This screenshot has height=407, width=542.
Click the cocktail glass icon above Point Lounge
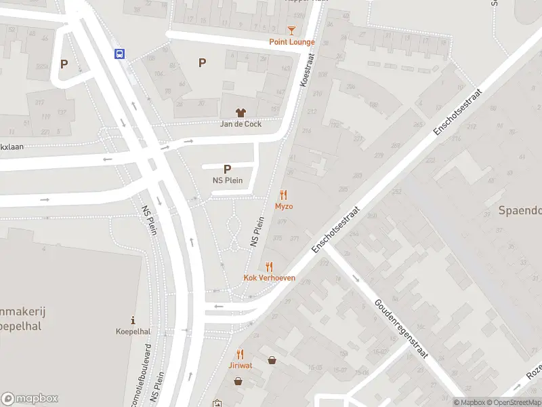pos(291,31)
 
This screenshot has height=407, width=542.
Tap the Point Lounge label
pos(292,42)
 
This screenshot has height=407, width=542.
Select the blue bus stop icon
pos(119,54)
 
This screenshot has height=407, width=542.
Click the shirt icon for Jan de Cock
pos(240,113)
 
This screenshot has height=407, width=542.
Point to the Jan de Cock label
pos(241,124)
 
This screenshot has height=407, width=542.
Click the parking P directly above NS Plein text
pos(227,169)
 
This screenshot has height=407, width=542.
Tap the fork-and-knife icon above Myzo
pos(283,195)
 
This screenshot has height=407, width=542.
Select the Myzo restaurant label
pos(284,206)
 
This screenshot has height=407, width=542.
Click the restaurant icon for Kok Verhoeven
pos(269,267)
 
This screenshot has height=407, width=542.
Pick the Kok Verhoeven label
pos(270,278)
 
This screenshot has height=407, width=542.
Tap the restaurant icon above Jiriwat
pos(240,353)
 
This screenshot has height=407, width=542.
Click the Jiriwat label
pos(240,365)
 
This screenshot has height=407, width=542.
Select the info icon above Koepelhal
pos(133,320)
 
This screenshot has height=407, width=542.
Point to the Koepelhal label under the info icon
pos(133,332)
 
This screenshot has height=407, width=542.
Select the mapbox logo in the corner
pos(30,398)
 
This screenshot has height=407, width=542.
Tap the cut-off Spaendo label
pos(520,210)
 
